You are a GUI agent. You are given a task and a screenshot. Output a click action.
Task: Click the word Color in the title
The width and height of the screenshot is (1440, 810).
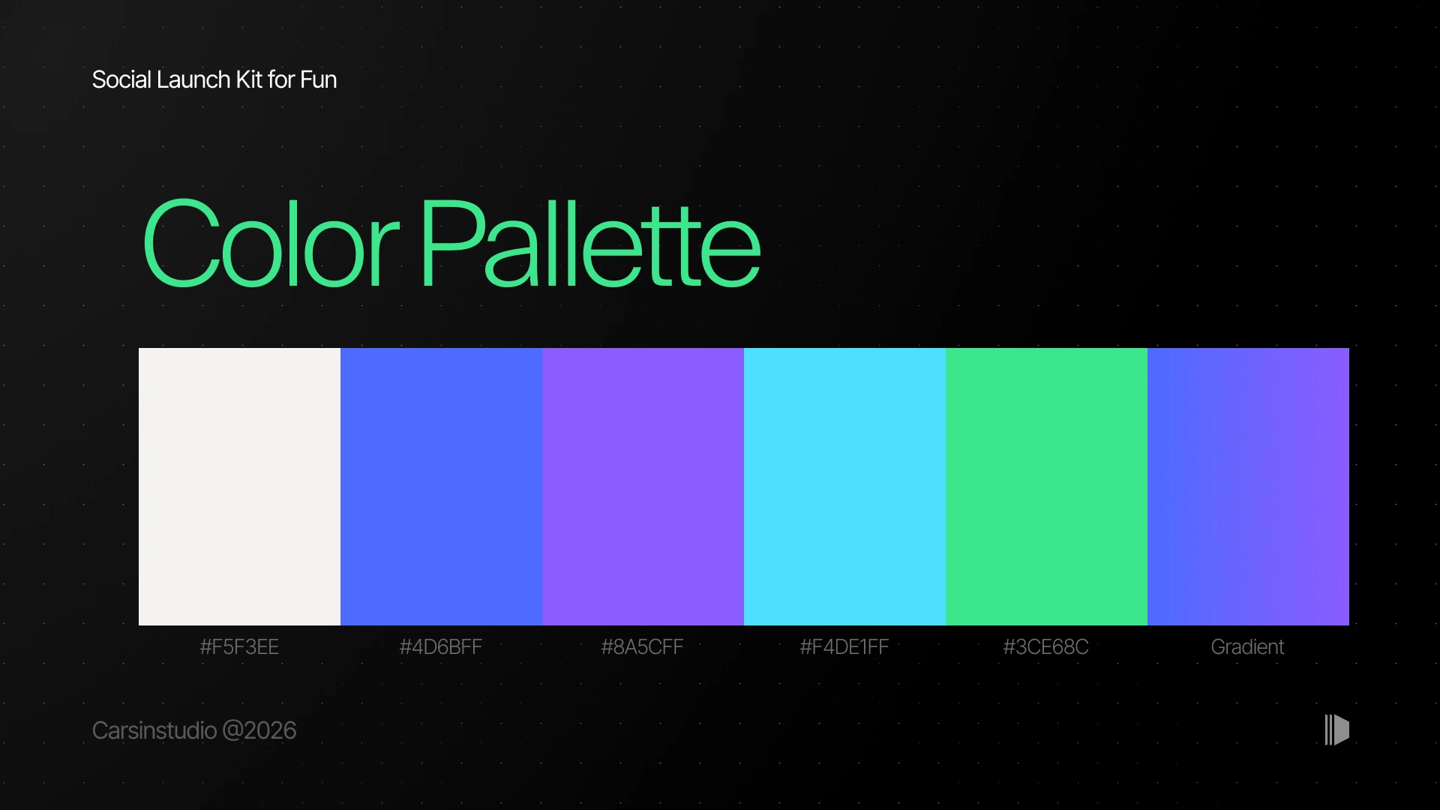270,243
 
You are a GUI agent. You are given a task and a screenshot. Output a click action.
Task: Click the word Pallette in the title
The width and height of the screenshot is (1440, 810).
591,243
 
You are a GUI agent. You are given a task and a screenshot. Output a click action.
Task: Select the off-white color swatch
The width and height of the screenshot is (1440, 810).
239,487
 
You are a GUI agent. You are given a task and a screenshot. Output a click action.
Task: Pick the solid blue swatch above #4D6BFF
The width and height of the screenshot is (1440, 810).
441,487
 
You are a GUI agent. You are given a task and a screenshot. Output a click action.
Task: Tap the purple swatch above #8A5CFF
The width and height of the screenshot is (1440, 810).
643,487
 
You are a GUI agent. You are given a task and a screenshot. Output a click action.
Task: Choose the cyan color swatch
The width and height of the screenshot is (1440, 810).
844,487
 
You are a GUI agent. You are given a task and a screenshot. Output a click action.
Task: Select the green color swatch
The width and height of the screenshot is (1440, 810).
1046,487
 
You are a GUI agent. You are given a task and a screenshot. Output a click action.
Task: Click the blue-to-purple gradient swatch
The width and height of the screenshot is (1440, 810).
1248,487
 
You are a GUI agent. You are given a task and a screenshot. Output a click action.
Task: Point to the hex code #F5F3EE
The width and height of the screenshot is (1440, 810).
239,647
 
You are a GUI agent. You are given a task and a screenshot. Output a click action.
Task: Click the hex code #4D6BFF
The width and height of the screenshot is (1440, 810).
441,647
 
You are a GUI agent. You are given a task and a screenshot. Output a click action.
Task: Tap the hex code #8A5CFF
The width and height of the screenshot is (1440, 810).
643,647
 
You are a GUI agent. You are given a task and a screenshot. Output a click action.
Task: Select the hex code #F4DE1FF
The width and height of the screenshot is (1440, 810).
844,647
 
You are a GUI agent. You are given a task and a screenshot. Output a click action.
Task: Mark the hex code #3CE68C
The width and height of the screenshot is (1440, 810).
1046,647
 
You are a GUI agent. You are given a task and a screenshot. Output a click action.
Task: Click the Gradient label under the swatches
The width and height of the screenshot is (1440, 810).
1248,647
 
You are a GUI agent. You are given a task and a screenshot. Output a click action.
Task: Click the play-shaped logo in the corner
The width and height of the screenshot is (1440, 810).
1337,730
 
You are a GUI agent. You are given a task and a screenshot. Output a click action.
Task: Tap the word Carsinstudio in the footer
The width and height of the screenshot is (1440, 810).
154,730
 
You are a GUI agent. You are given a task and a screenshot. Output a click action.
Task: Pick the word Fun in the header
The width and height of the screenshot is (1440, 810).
318,79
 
